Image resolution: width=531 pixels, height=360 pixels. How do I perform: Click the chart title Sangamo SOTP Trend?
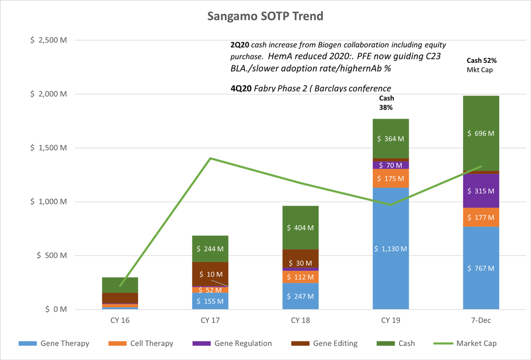tap(265, 16)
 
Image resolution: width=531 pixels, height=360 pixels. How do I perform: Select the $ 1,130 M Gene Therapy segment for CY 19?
tap(391, 249)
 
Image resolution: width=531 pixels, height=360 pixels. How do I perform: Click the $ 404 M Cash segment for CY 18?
tap(300, 228)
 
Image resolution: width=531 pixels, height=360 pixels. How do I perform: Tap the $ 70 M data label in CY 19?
tap(391, 165)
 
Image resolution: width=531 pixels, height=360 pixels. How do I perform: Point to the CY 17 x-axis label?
tap(210, 320)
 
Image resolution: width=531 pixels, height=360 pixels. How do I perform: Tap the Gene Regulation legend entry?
tap(243, 343)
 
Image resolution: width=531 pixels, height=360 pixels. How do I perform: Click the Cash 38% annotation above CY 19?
tap(386, 103)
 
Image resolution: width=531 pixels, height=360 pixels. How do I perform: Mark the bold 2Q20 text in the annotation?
tap(239, 45)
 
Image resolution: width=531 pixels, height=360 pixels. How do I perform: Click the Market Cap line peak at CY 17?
tap(210, 158)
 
